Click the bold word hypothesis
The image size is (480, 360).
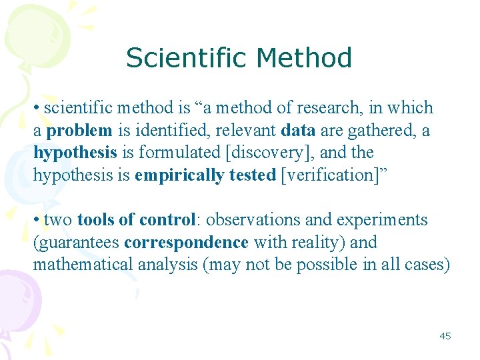(75, 153)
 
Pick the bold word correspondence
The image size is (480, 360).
(186, 243)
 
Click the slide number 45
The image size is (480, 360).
(445, 336)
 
